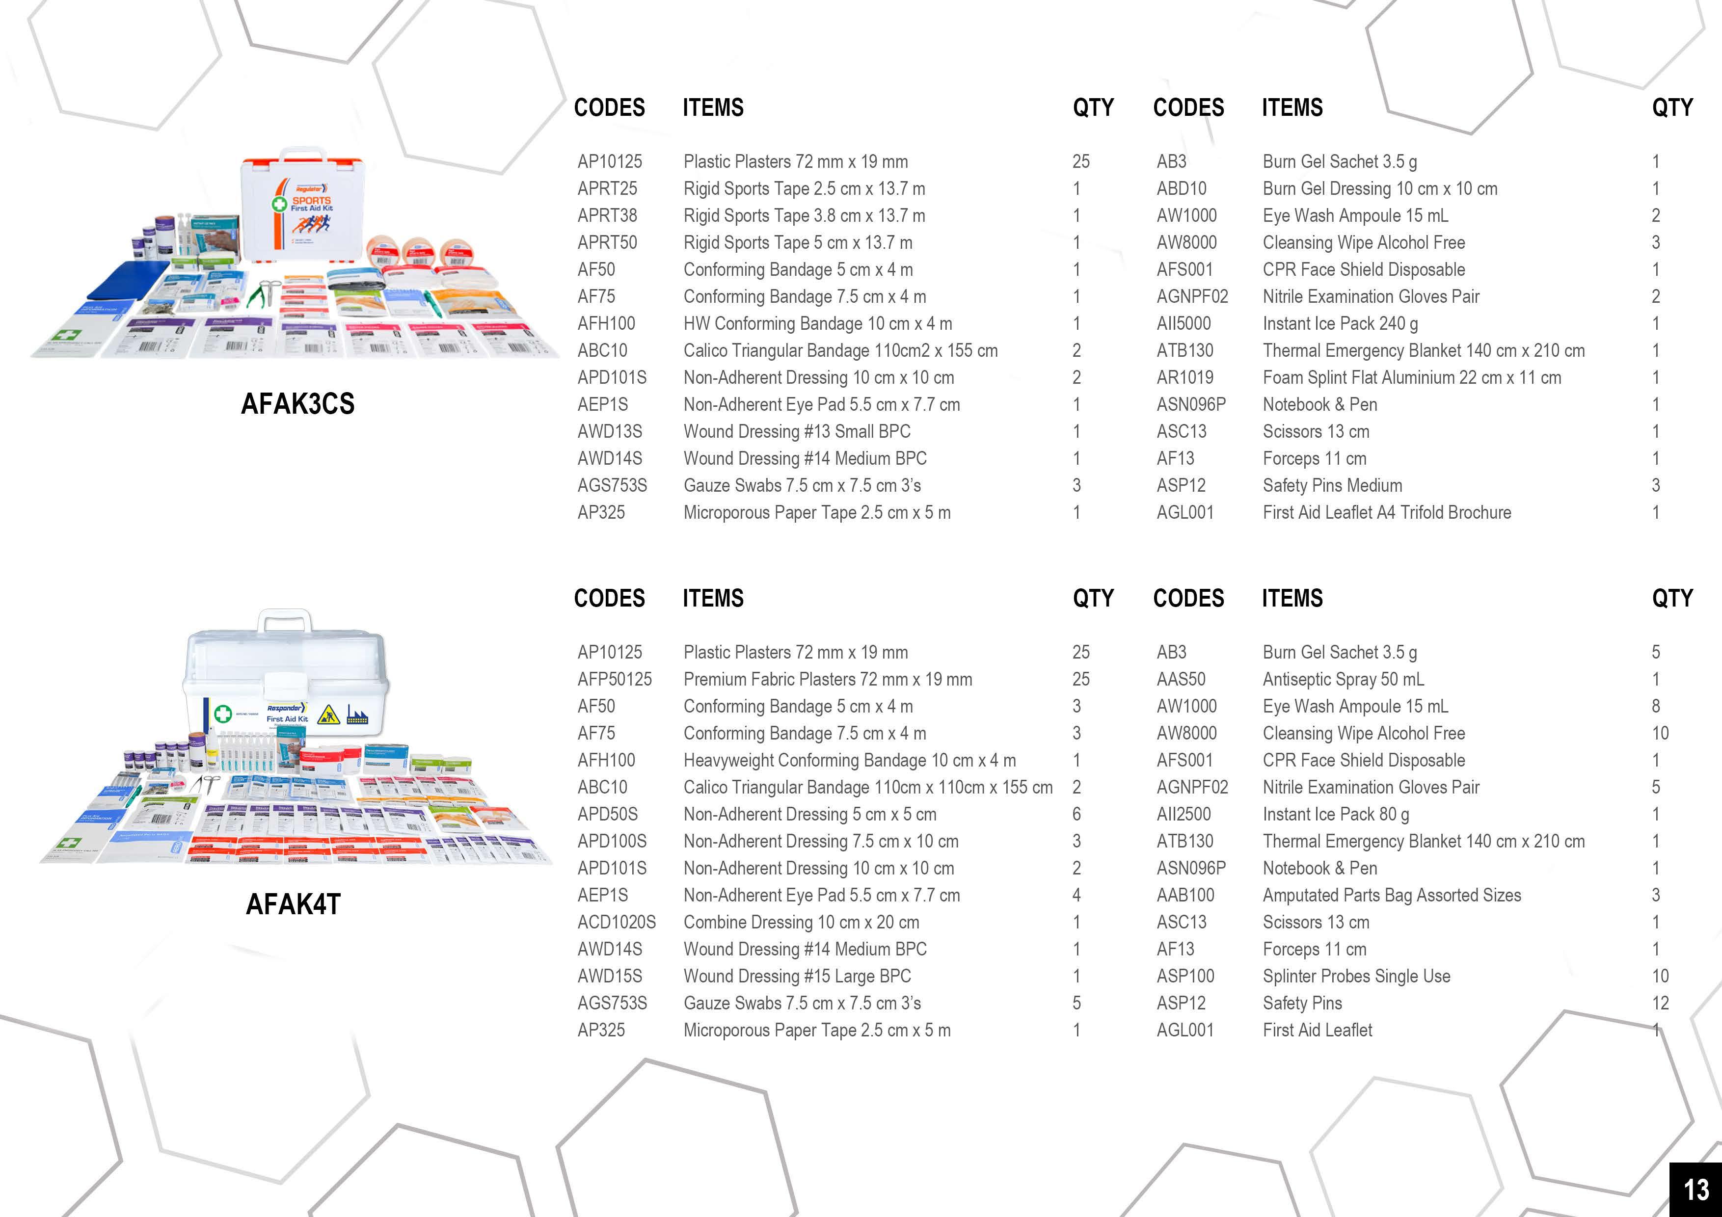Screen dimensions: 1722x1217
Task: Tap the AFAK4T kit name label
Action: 293,903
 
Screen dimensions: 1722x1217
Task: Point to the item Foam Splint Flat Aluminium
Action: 1411,378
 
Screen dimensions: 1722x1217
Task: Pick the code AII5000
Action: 1184,324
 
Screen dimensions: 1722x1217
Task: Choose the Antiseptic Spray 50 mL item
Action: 1343,679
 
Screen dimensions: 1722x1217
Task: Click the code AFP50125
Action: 614,679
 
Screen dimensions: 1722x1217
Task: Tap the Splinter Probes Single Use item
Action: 1356,977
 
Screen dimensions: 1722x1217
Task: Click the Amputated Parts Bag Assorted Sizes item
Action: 1391,895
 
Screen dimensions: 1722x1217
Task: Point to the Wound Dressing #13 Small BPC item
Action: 797,432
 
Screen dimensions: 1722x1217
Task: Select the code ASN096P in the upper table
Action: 1191,405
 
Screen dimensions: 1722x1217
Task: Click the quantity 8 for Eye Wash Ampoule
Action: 1655,706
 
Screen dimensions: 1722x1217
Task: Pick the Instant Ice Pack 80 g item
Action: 1335,814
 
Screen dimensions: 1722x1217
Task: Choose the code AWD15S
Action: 610,977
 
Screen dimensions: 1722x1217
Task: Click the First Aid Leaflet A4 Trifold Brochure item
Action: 1386,513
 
